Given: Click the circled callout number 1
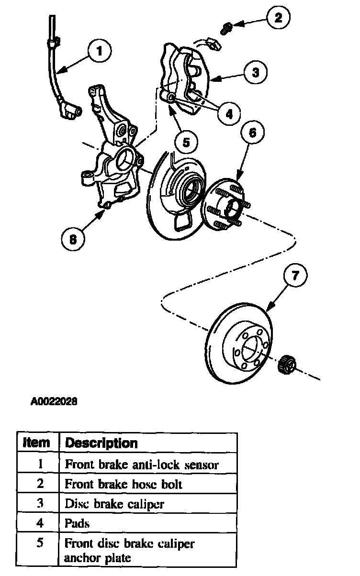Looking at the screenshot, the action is (x=100, y=51).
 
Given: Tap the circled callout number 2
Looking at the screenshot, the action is (x=278, y=18).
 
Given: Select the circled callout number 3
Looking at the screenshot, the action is (x=256, y=72).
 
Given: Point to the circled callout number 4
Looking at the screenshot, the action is (x=229, y=113).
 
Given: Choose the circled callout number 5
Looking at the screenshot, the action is (x=186, y=142).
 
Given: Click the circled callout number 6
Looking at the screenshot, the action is (x=252, y=133).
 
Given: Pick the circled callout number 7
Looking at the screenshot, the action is (x=295, y=276).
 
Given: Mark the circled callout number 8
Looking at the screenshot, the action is (x=73, y=240).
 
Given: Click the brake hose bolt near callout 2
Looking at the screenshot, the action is (x=226, y=29).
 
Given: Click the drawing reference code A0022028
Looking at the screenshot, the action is (x=54, y=401).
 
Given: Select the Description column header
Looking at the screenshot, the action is (x=101, y=443).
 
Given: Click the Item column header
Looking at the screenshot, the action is (x=36, y=443).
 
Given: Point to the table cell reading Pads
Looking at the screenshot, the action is (x=77, y=523).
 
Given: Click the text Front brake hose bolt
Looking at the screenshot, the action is (x=123, y=484).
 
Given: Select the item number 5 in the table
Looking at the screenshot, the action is (x=40, y=543).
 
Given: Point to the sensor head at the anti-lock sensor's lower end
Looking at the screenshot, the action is (x=70, y=111).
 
